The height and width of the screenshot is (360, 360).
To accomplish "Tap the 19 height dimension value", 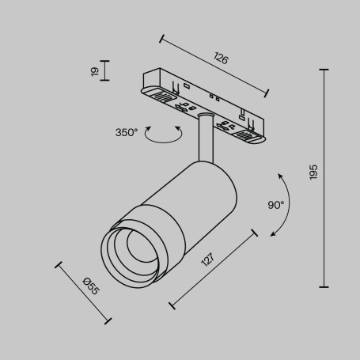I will (94, 71).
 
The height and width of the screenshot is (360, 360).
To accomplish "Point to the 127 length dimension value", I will (207, 260).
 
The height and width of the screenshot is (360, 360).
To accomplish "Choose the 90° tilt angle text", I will (275, 204).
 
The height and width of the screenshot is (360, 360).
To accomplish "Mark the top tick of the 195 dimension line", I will (324, 69).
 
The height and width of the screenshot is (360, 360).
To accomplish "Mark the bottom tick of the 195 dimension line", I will (324, 287).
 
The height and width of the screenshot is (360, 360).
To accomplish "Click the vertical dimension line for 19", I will (105, 71).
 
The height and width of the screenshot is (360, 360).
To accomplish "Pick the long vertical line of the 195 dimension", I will (324, 178).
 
